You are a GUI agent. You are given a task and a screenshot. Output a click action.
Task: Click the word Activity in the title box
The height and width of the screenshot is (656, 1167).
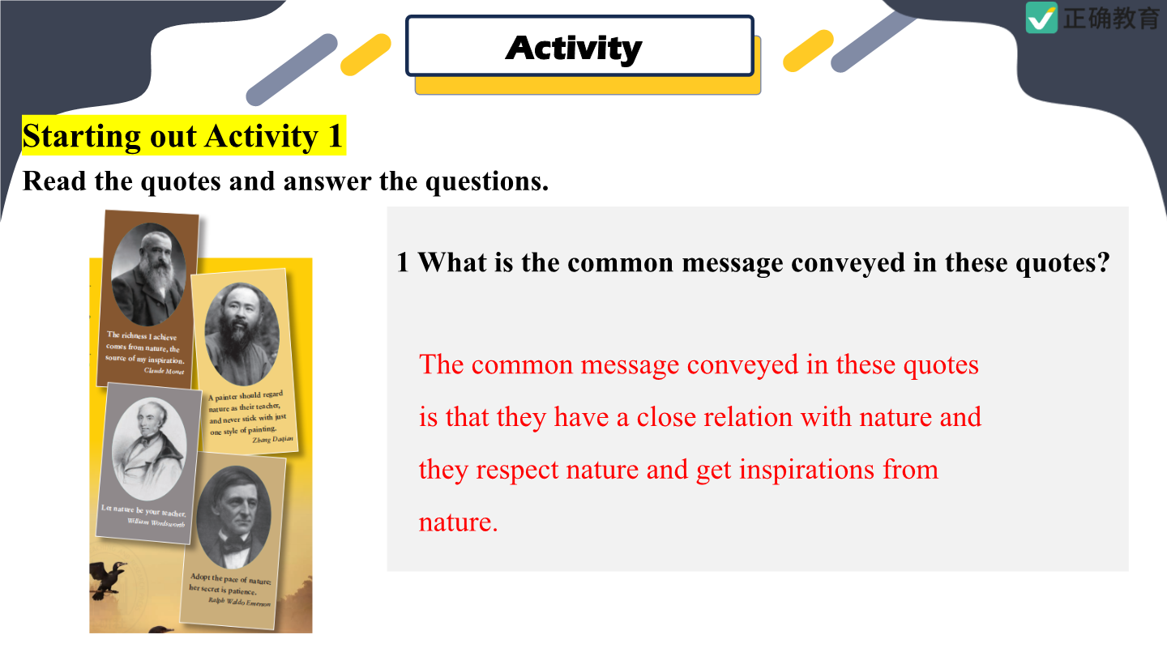[x=574, y=49]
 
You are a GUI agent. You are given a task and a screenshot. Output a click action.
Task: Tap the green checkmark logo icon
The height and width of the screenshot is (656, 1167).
[x=1041, y=17]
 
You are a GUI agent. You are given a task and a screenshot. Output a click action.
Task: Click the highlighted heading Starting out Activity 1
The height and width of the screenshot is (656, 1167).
[x=183, y=135]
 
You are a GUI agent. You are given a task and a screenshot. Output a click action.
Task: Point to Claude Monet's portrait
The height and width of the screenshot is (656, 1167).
[x=149, y=275]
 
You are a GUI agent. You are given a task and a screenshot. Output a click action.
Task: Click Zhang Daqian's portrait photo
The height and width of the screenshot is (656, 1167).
[x=242, y=334]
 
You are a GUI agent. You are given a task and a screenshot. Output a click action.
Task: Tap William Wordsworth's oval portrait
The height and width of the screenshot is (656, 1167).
[x=149, y=449]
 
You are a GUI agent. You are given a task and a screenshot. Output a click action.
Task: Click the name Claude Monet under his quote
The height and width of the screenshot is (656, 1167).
[x=164, y=371]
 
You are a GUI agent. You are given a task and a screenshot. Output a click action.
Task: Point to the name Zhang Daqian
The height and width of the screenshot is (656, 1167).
[x=272, y=440]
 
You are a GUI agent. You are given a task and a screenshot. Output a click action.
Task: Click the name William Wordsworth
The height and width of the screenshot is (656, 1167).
[x=156, y=522]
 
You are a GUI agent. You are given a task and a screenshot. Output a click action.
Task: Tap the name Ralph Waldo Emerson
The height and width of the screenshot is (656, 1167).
[x=240, y=602]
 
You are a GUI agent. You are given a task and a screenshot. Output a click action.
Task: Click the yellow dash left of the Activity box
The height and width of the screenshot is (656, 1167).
[x=365, y=55]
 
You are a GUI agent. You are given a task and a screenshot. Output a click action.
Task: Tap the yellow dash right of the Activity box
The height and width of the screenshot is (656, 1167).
[x=808, y=50]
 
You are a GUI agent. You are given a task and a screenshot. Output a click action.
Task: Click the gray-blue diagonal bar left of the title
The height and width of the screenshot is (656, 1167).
[x=292, y=70]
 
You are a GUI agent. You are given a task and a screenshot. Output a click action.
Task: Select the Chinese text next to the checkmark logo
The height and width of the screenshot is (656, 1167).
[x=1111, y=18]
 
